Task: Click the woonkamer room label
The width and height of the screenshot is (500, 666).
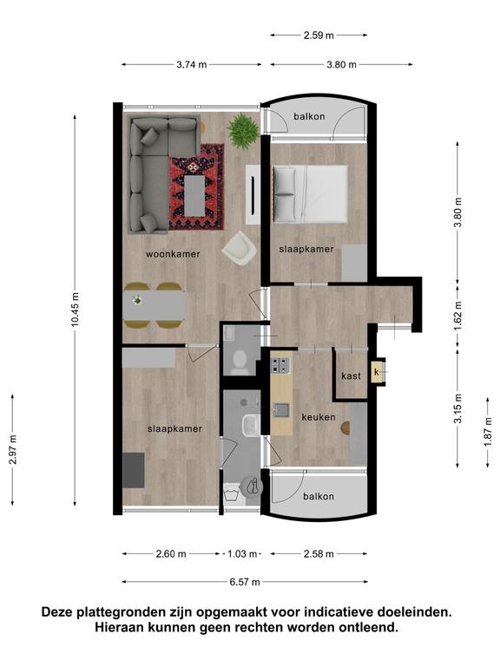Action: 173,254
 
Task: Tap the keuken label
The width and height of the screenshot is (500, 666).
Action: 319,417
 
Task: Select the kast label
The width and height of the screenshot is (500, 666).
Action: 351,375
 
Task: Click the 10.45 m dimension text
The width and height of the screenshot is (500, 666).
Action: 75,310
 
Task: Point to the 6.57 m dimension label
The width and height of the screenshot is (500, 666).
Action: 245,582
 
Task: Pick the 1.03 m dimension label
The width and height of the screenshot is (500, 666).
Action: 242,554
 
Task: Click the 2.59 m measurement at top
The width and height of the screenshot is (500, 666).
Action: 319,36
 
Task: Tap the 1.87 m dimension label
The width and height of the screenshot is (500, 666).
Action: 488,431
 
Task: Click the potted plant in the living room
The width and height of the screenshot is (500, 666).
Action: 243,131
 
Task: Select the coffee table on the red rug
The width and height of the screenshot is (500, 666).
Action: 194,195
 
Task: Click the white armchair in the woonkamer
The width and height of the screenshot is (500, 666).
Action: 239,249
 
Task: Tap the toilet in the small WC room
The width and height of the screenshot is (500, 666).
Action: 240,362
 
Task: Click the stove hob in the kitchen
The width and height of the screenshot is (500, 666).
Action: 280,365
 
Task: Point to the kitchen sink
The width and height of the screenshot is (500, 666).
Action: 281,410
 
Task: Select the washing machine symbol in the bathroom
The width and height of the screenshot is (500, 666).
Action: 232,493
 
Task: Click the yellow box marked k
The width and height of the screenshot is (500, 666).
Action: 377,372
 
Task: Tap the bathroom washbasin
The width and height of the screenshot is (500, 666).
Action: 249,425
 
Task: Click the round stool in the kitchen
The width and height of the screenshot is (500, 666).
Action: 345,428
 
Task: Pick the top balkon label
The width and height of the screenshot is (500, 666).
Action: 309,116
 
